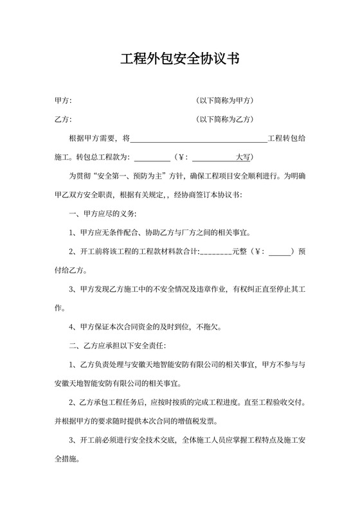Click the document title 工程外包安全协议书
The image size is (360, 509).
[180, 60]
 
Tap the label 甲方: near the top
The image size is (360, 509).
[63, 101]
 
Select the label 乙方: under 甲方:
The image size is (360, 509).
[63, 120]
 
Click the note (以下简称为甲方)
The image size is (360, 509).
[225, 101]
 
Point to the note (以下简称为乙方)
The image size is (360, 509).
[225, 120]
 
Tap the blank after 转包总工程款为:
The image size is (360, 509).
[152, 157]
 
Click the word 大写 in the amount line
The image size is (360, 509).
[244, 157]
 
